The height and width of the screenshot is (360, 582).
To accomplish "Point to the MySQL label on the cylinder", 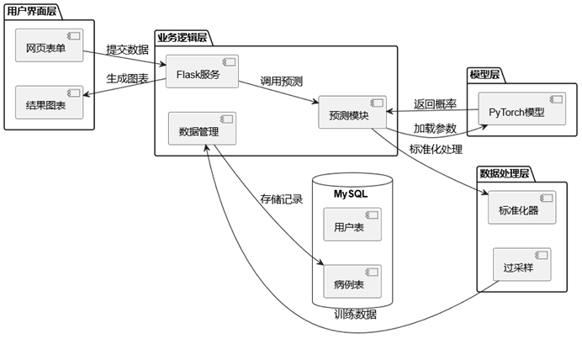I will click(352, 193).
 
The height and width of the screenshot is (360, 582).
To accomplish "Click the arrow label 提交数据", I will click(128, 50).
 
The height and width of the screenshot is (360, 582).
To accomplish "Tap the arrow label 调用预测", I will click(282, 81).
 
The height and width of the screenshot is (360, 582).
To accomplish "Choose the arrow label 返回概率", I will click(435, 104).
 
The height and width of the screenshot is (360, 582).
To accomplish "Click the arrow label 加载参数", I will click(435, 128).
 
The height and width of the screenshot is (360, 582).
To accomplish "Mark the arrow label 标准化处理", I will click(435, 149).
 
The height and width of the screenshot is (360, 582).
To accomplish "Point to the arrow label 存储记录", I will click(281, 199).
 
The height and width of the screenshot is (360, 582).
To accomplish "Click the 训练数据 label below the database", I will click(355, 315).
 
